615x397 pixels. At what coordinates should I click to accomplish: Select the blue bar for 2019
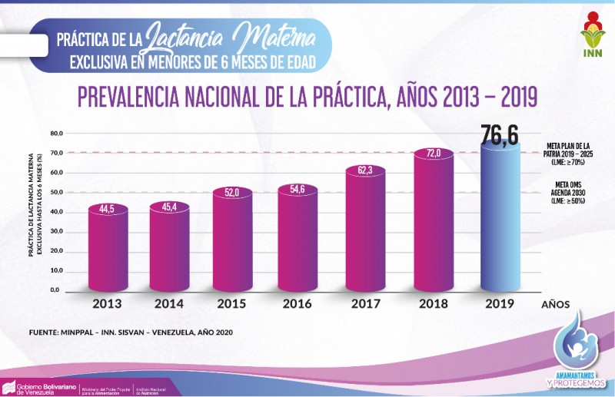500,219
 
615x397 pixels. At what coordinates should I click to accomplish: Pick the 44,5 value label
107,208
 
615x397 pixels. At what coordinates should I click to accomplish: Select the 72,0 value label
434,154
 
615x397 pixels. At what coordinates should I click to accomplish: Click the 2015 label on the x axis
231,304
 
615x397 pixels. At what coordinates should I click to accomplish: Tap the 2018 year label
434,304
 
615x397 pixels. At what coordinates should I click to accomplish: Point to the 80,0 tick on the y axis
55,134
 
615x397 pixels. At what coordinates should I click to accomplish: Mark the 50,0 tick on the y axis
55,193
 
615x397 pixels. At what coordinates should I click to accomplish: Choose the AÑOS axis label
555,305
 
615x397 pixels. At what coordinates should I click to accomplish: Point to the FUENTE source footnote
131,332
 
